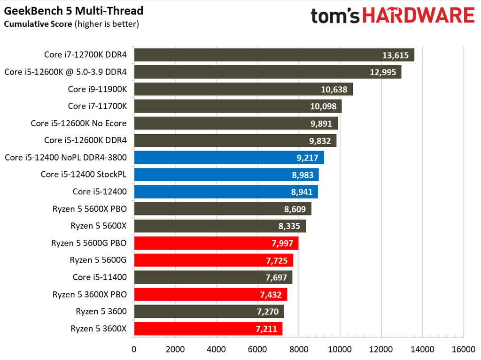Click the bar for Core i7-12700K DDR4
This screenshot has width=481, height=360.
click(x=274, y=55)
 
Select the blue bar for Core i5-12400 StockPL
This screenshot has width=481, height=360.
click(x=226, y=175)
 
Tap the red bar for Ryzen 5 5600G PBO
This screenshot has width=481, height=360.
click(x=216, y=243)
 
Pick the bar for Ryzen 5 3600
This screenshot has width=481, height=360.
click(x=209, y=311)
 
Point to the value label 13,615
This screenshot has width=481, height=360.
click(x=396, y=55)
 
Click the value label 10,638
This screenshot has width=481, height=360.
click(x=334, y=89)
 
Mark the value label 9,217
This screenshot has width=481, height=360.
click(x=307, y=158)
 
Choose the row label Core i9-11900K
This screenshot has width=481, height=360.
click(x=97, y=89)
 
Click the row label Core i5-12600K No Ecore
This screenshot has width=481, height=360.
click(x=78, y=123)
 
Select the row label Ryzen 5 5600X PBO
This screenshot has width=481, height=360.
click(x=89, y=208)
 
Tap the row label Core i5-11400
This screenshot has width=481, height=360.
click(x=100, y=277)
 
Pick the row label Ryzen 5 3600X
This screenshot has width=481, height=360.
click(x=99, y=328)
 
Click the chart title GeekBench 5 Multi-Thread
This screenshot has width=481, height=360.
click(x=74, y=10)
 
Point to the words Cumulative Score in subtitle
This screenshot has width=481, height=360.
click(x=38, y=23)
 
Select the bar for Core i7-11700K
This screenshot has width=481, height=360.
click(x=238, y=106)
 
